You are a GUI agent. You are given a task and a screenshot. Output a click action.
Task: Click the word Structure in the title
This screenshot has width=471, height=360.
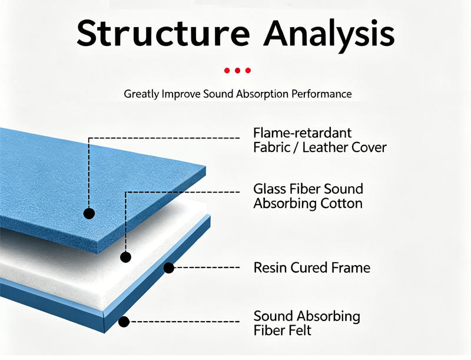pyautogui.click(x=163, y=33)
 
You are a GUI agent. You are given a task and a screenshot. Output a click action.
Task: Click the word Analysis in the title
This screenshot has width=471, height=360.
pyautogui.click(x=329, y=35)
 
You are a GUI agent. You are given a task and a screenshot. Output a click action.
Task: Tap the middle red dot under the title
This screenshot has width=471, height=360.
pyautogui.click(x=238, y=71)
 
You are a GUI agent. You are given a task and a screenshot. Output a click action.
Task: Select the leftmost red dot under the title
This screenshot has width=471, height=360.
pyautogui.click(x=227, y=71)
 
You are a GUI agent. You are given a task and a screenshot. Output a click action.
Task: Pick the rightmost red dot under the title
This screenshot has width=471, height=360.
pyautogui.click(x=248, y=71)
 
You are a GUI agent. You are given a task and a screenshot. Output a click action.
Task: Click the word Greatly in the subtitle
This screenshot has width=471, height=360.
pyautogui.click(x=141, y=94)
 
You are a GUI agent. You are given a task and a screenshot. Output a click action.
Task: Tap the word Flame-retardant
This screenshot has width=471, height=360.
pyautogui.click(x=303, y=133)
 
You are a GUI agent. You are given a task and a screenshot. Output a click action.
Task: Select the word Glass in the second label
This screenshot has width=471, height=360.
pyautogui.click(x=270, y=189)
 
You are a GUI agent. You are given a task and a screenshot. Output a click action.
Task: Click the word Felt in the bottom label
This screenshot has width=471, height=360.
pyautogui.click(x=298, y=331)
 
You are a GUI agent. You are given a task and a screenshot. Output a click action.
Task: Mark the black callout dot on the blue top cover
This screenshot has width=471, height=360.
pyautogui.click(x=89, y=214)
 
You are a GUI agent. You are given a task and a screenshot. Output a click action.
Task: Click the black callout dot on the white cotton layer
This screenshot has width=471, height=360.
pyautogui.click(x=125, y=257)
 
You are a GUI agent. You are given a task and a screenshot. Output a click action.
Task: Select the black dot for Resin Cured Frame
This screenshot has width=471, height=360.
pyautogui.click(x=169, y=267)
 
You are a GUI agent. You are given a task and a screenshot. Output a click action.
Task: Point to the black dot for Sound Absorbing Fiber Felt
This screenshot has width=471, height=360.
pyautogui.click(x=124, y=322)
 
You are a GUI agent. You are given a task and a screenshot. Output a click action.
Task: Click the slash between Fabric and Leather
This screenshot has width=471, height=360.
pyautogui.click(x=295, y=147)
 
